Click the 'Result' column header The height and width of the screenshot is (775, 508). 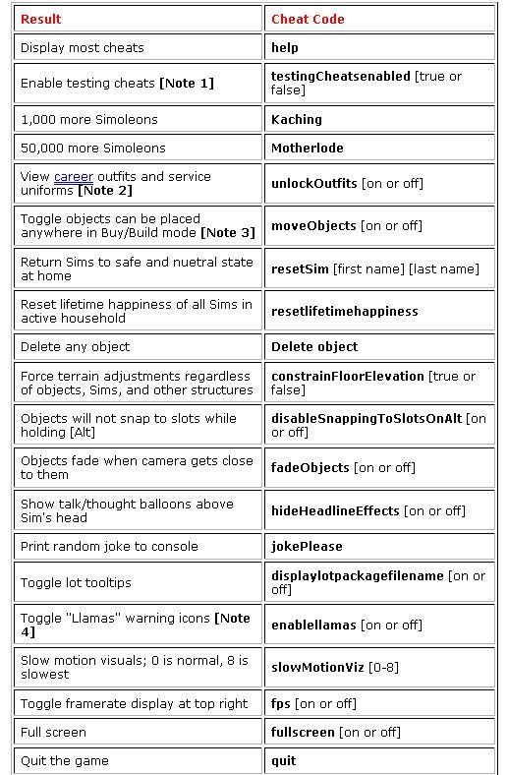point(40,19)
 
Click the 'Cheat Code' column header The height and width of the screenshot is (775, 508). point(308,19)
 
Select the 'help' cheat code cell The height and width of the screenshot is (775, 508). point(285,47)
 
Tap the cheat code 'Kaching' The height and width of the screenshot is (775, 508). point(296,119)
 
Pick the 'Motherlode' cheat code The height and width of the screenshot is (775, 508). point(307,148)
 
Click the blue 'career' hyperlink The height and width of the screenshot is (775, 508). point(74,176)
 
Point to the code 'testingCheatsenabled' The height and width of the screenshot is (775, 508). point(340,76)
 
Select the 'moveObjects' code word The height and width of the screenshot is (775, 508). point(313,225)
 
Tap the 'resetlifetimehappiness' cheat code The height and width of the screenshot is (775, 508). point(344,311)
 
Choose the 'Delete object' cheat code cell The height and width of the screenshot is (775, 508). point(314,346)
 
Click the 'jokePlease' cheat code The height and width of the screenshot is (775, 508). point(307,546)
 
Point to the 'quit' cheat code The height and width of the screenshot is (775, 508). point(283,760)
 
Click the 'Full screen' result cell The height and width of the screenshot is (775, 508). point(53,732)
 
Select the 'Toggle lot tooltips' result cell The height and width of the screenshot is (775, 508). point(76,582)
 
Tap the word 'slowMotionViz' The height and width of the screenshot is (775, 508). point(317,667)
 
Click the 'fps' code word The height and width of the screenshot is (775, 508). point(281,703)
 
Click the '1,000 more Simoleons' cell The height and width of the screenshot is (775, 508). point(88,119)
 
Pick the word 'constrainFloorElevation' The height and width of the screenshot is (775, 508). point(348,376)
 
